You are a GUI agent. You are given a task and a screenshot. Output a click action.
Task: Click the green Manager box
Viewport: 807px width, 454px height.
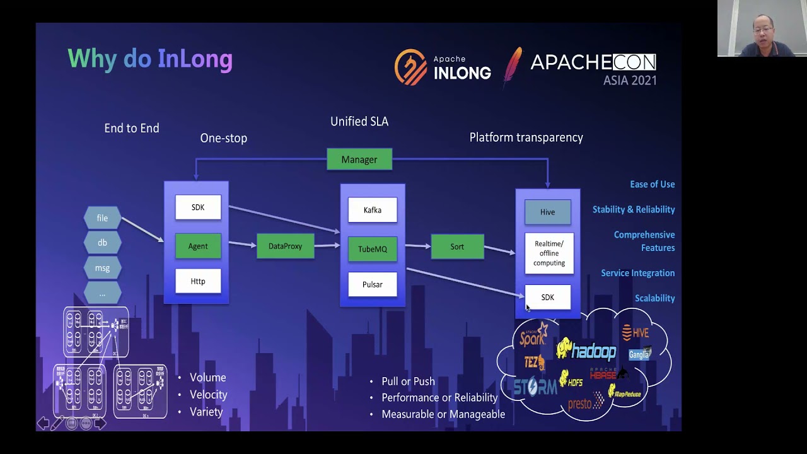coord(359,160)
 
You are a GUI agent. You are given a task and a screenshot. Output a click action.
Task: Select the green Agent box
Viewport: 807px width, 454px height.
coord(198,246)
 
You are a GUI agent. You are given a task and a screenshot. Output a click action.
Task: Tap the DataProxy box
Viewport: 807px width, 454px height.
coord(285,246)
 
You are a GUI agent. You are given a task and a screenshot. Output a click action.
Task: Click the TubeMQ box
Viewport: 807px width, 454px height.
coord(373,249)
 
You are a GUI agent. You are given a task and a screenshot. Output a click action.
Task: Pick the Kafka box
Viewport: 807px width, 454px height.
coord(373,210)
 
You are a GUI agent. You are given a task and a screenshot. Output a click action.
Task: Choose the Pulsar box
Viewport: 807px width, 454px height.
coord(373,284)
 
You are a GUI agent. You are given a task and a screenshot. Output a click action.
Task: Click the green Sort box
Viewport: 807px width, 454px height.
coord(457,247)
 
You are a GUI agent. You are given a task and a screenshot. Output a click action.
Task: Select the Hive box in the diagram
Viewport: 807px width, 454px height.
coord(547,212)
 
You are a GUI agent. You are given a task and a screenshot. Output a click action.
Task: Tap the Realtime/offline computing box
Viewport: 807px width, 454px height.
coord(549,253)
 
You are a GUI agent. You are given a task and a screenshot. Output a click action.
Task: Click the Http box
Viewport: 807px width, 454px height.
coord(198,281)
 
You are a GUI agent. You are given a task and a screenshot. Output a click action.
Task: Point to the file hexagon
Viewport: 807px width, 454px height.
coord(102,218)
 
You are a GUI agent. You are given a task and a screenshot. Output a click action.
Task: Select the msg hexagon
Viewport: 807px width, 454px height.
coord(102,268)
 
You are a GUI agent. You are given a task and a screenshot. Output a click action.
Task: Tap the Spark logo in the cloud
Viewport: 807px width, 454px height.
coord(533,335)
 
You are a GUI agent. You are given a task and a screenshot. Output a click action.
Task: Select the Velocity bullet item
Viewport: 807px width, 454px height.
coord(208,395)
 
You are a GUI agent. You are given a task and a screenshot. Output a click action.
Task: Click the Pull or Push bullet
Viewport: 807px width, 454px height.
coord(408,381)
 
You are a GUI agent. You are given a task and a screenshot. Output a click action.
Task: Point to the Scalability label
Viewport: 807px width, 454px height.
coord(654,298)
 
